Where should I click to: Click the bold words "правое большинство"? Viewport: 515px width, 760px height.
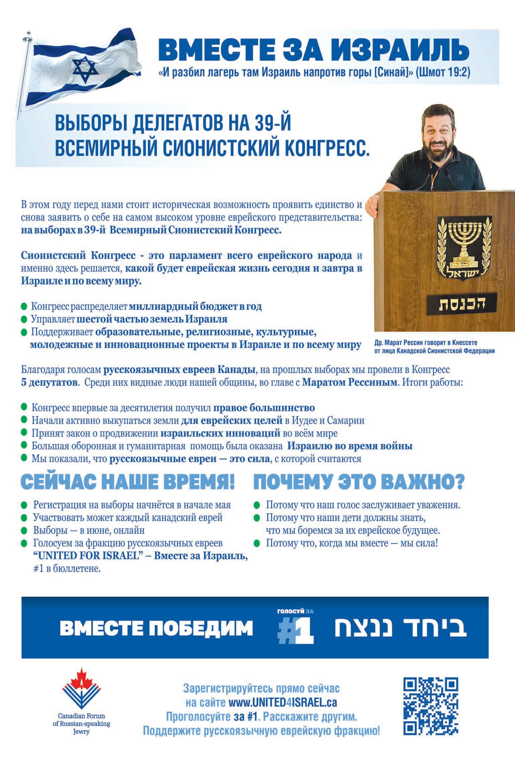264,408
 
